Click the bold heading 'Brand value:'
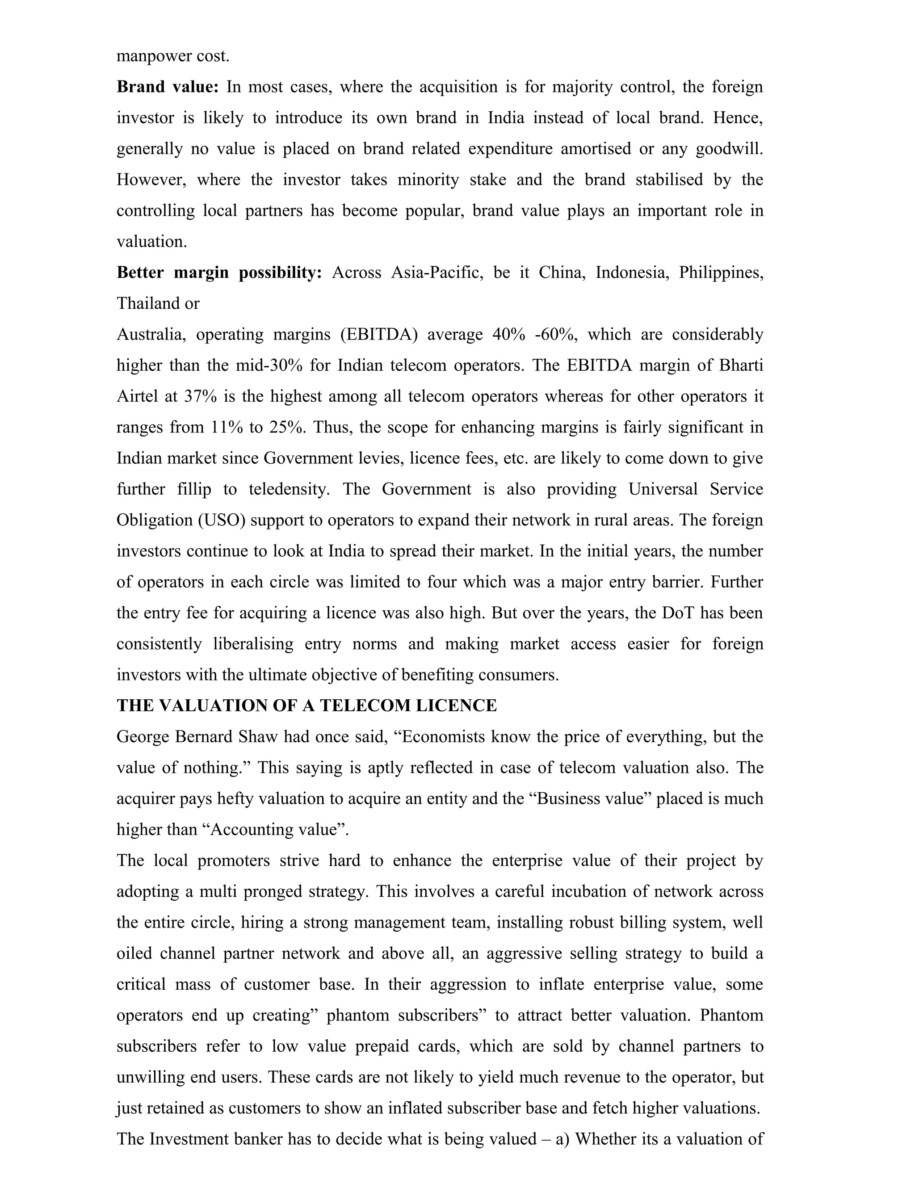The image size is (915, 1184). pyautogui.click(x=168, y=87)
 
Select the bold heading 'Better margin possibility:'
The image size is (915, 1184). pyautogui.click(x=219, y=272)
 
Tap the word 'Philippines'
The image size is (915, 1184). pyautogui.click(x=721, y=272)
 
